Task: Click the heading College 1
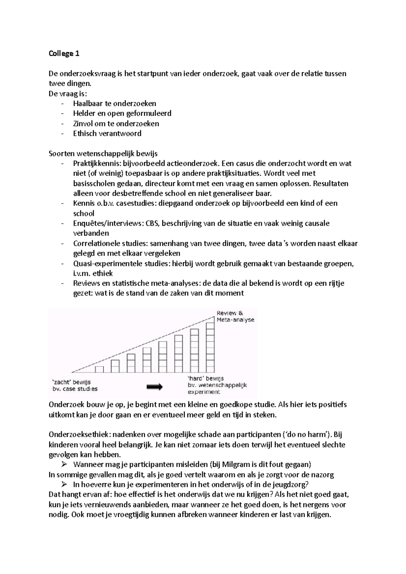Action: coord(64,53)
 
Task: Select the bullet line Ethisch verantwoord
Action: coord(107,133)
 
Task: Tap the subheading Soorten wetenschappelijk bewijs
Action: coord(103,154)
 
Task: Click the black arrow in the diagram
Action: coord(155,387)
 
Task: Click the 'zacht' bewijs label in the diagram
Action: coord(71,382)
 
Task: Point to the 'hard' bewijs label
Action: coord(206,379)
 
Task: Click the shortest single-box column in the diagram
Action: coord(99,369)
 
